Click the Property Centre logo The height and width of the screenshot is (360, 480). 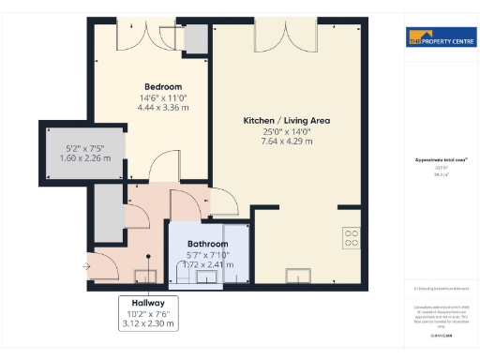click(x=439, y=38)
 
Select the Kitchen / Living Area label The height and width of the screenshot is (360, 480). click(x=287, y=121)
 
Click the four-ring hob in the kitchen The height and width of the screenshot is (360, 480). click(x=352, y=238)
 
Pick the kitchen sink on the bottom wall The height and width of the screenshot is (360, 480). click(x=299, y=275)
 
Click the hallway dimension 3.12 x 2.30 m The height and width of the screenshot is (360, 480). click(x=148, y=324)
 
